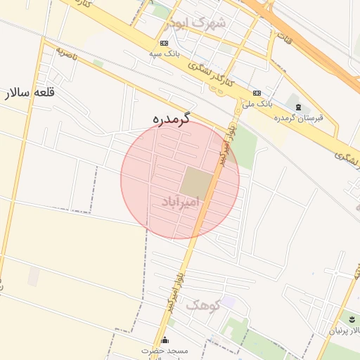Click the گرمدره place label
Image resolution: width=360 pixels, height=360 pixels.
pyautogui.click(x=172, y=120)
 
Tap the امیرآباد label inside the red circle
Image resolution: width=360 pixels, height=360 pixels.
pyautogui.click(x=181, y=202)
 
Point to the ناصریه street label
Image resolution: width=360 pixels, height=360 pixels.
pyautogui.click(x=65, y=53)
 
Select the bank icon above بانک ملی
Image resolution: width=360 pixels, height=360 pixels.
pyautogui.click(x=257, y=92)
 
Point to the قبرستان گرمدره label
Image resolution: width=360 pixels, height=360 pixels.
pyautogui.click(x=298, y=117)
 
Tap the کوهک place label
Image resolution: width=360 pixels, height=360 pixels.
pyautogui.click(x=203, y=304)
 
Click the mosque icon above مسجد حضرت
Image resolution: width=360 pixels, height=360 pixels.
pyautogui.click(x=165, y=340)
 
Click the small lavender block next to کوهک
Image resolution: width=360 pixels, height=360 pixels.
pyautogui.click(x=229, y=302)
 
